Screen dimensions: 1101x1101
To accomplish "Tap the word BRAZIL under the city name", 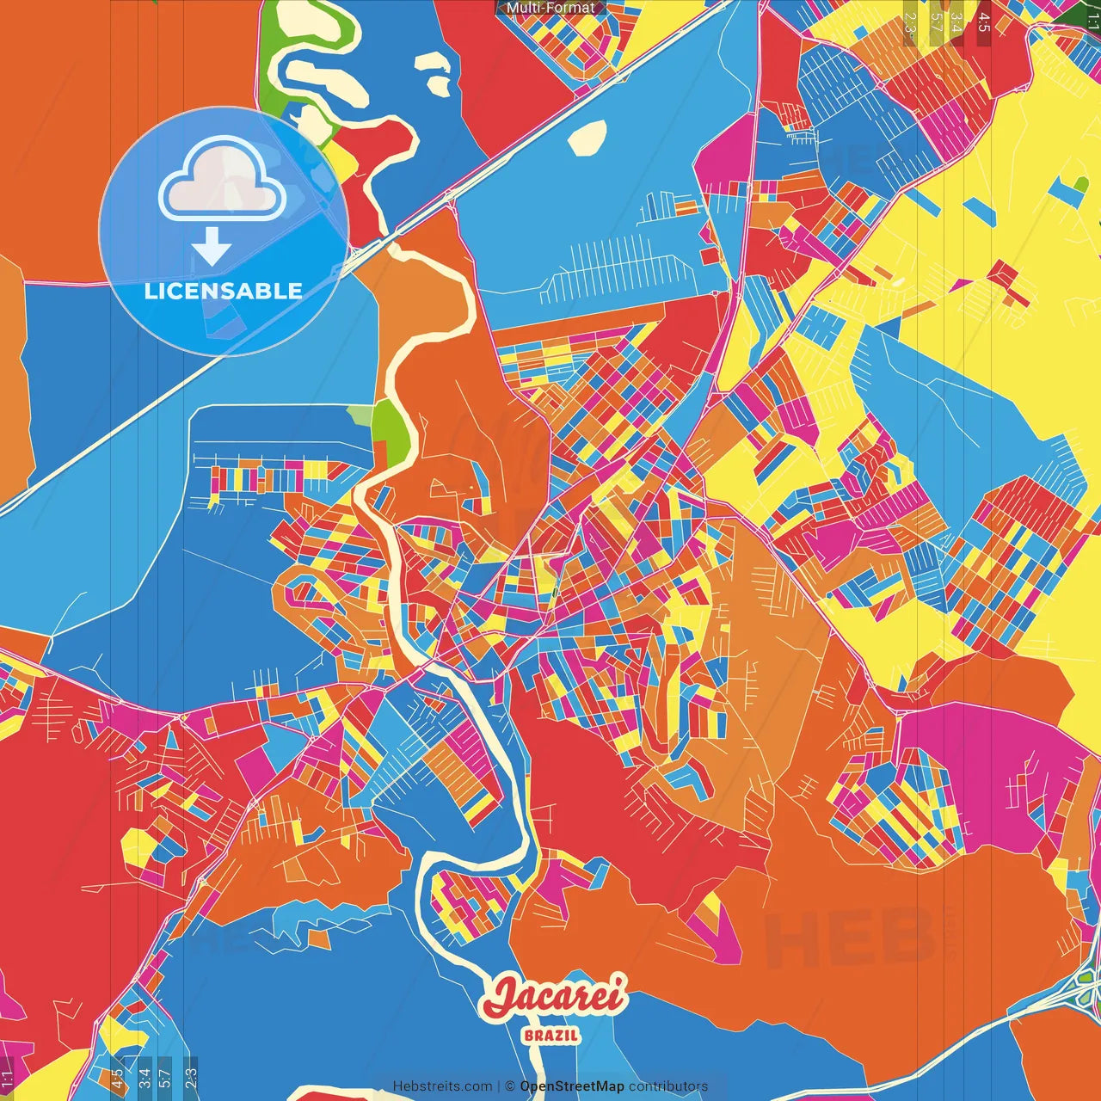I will pos(551,1035).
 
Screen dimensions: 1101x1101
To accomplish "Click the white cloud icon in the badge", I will pos(222,179).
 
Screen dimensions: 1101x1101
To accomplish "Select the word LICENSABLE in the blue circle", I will pos(224,291).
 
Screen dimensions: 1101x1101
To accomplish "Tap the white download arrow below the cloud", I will pos(212,247).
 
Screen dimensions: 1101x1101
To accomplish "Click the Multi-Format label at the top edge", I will pos(550,8).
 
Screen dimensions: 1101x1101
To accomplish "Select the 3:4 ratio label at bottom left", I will pos(145,1078).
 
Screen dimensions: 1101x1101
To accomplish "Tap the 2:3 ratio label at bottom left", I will pos(191,1078).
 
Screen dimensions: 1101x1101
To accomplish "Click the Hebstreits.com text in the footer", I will pos(442,1086).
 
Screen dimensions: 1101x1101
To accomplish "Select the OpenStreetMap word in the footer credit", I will pos(572,1086).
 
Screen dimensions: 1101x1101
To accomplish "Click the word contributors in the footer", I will pos(668,1086).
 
